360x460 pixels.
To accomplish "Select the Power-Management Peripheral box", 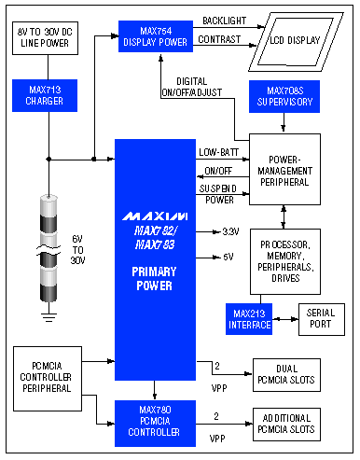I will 284,172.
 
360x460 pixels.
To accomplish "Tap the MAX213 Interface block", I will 248,318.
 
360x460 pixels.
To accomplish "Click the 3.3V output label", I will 229,231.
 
